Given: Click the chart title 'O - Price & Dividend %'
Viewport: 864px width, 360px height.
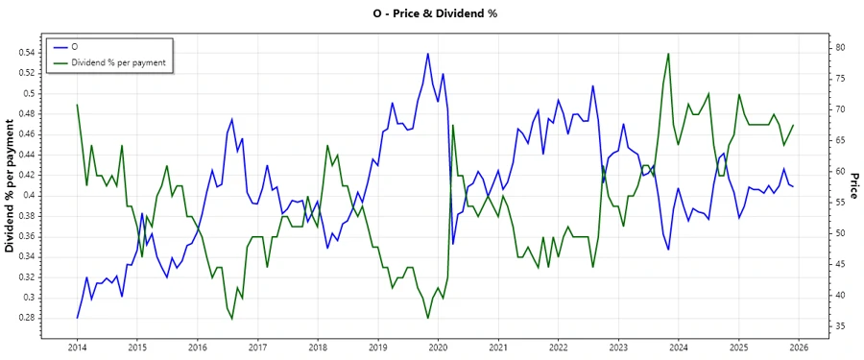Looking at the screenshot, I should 432,13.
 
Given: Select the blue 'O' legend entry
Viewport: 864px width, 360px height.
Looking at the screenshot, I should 76,47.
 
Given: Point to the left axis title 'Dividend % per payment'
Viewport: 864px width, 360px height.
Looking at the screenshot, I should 11,187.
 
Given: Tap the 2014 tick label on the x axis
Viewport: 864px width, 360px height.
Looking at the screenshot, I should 77,348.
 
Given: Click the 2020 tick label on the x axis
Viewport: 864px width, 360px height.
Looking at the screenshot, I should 438,348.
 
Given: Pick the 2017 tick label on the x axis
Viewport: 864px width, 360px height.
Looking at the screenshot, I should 257,348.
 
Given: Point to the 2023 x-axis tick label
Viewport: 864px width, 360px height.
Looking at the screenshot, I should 618,348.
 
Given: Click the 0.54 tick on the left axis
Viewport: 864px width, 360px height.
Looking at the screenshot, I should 27,53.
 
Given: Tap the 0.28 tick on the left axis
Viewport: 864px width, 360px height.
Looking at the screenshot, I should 27,318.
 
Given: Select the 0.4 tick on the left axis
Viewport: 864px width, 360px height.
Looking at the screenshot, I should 30,196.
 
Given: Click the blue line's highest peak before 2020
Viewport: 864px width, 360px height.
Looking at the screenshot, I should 427,54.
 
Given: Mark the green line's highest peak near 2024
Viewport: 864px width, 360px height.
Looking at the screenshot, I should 668,54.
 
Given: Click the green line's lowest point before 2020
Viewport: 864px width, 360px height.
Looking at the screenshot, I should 427,318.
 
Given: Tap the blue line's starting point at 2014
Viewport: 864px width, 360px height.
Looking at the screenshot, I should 77,318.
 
